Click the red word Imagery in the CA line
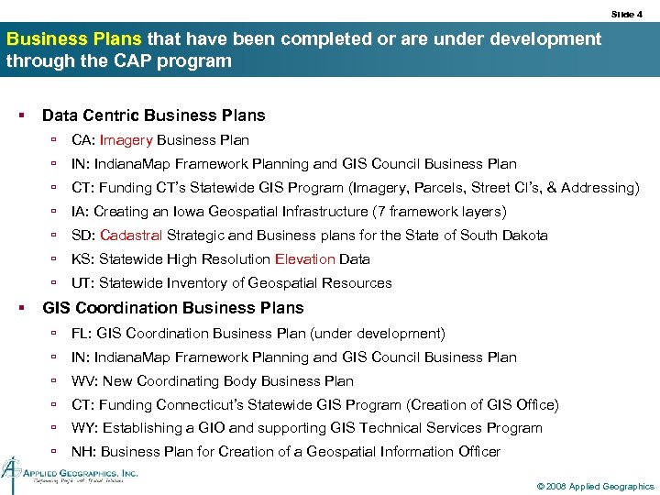[126, 140]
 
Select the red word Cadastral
[130, 236]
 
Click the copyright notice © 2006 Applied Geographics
[596, 486]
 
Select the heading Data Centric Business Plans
[153, 115]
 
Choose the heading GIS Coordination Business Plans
[172, 308]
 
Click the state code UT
[81, 283]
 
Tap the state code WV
[82, 381]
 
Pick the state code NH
[82, 452]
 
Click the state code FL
[81, 334]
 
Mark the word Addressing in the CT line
[596, 188]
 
